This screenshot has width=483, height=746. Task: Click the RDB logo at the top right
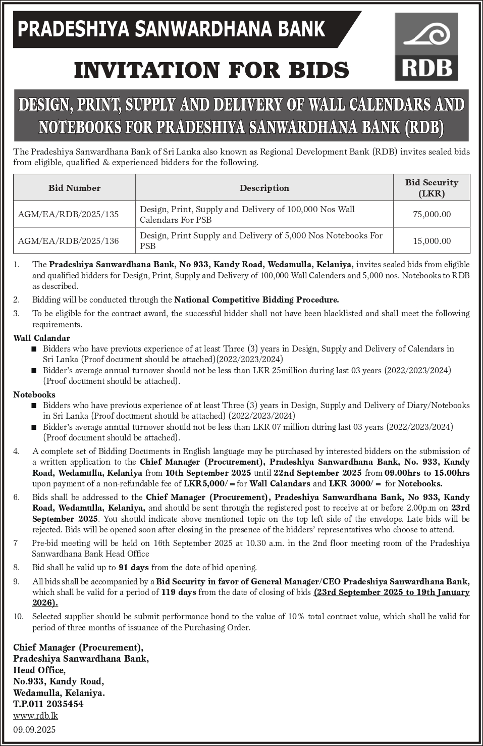[426, 46]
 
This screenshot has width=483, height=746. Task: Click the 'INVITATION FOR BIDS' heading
[211, 70]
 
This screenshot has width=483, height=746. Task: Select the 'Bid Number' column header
[74, 188]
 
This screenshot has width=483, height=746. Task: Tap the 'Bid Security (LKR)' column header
[432, 188]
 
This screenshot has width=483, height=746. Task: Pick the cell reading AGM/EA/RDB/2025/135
[68, 214]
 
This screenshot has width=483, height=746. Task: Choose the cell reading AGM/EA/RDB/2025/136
[68, 241]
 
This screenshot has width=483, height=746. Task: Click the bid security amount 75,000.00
[432, 214]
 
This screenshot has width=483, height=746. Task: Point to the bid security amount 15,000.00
[432, 241]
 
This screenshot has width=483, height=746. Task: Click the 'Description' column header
[264, 188]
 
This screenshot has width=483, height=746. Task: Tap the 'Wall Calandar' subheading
[41, 338]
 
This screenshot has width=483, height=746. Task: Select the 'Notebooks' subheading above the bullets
[34, 394]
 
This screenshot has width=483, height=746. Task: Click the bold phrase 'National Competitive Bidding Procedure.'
[256, 300]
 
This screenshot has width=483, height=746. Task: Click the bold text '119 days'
[179, 592]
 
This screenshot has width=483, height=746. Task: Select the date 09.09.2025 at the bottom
[34, 729]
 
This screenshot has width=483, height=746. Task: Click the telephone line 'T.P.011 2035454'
[48, 704]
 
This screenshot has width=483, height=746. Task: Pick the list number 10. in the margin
[18, 616]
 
